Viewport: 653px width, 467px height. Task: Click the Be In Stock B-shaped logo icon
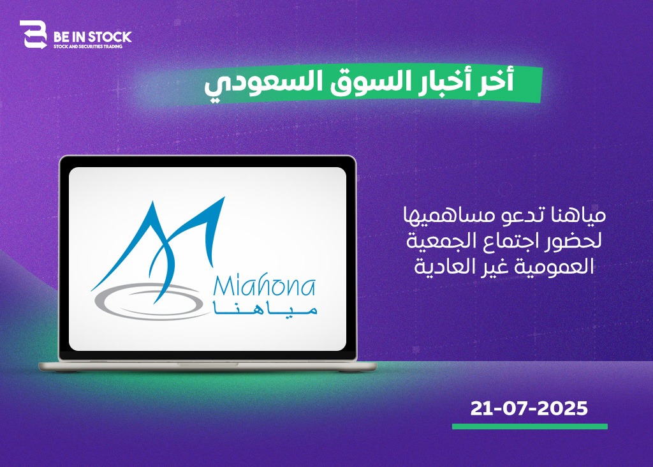[x=33, y=34]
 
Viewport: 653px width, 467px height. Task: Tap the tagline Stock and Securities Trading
[x=88, y=47]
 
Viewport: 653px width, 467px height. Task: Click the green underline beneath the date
[x=530, y=427]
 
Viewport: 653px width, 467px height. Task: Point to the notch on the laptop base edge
[x=208, y=364]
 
